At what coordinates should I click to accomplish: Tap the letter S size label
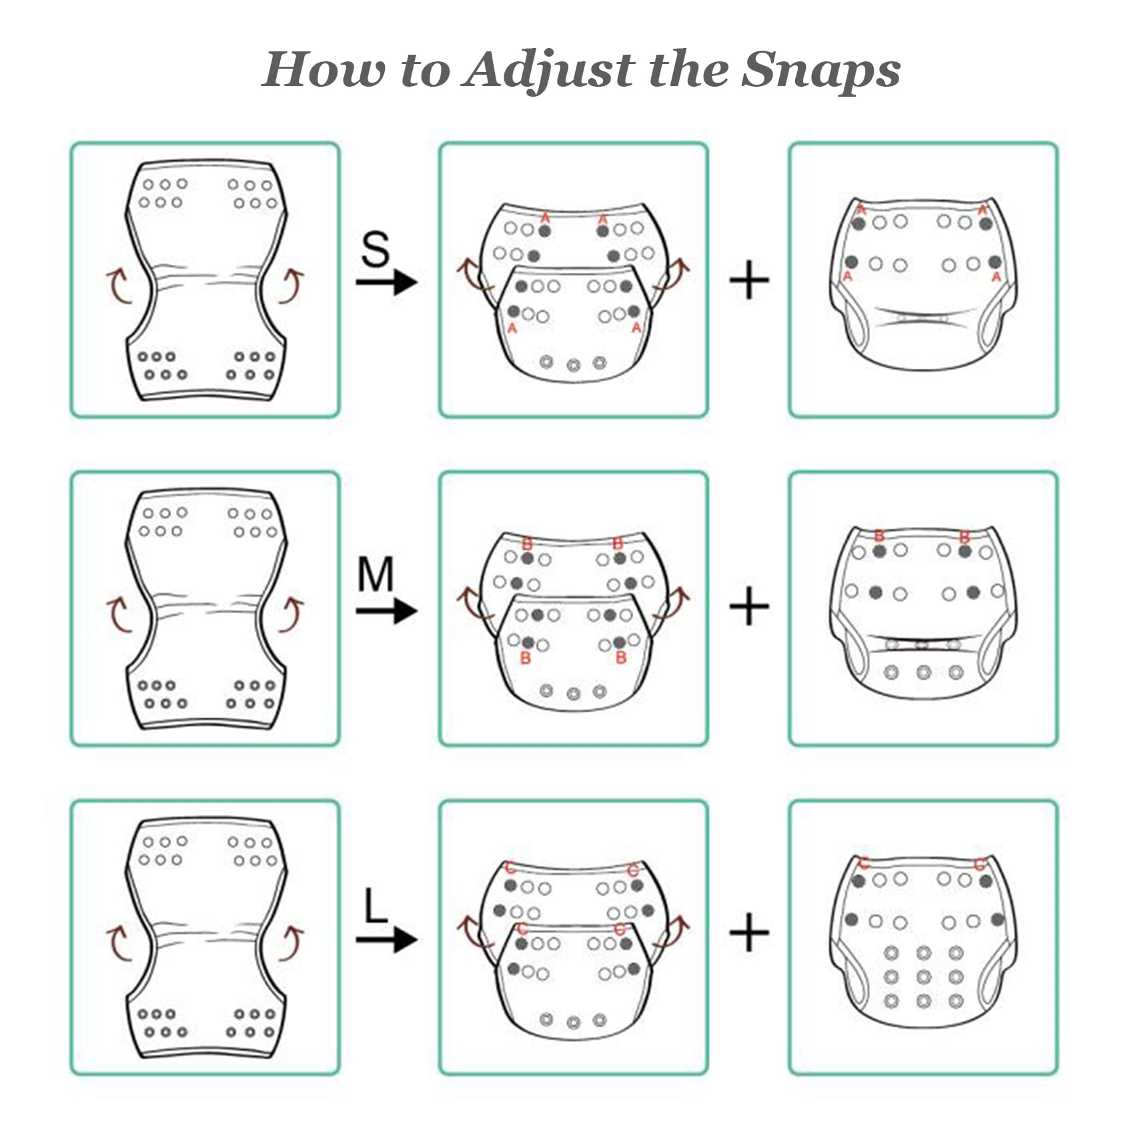pos(376,249)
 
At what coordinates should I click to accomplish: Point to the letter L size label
pos(376,905)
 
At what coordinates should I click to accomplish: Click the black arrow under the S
pos(386,282)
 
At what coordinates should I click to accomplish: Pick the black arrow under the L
pos(386,939)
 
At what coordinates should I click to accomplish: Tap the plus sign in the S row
pos(750,280)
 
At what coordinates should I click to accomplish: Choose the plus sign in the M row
pos(750,606)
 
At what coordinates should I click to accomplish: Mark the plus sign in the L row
pos(750,933)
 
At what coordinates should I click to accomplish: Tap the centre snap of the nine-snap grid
pos(924,977)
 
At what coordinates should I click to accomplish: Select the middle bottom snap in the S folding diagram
pos(574,366)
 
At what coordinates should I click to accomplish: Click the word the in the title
pos(688,69)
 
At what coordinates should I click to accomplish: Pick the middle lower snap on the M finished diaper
pos(924,672)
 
